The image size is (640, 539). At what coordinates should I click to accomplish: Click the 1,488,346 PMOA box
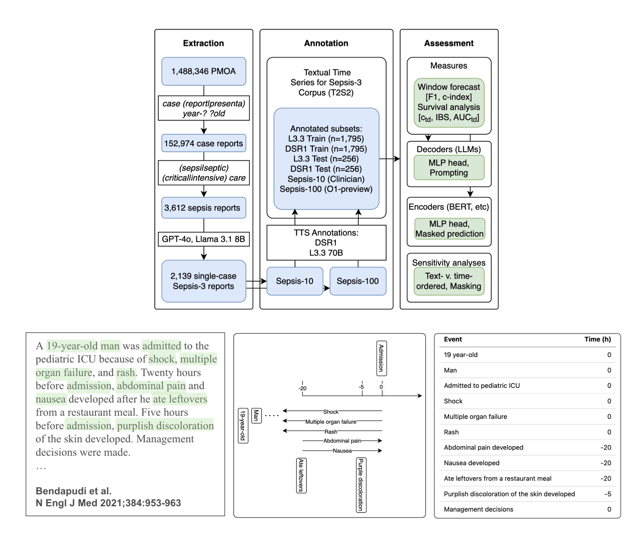(x=203, y=71)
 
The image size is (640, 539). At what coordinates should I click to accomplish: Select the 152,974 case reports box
(x=203, y=143)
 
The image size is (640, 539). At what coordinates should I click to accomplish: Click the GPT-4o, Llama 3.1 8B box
(x=203, y=239)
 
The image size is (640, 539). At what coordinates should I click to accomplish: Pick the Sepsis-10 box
(x=294, y=281)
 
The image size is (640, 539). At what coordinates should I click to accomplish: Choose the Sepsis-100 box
(x=357, y=281)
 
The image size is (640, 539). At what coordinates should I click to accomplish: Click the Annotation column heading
(x=326, y=43)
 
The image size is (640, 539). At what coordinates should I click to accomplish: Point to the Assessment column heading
(x=449, y=43)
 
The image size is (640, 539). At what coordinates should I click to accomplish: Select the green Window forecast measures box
(x=449, y=102)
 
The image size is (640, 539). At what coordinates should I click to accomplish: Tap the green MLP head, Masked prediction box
(x=449, y=229)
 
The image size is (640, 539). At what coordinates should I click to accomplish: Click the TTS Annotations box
(x=326, y=243)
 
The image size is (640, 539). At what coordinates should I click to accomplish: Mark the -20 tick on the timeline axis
(x=302, y=388)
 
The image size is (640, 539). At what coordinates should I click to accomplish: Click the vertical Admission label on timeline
(x=381, y=358)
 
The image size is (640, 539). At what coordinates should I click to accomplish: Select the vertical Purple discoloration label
(x=361, y=485)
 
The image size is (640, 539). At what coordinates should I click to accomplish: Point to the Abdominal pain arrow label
(x=342, y=440)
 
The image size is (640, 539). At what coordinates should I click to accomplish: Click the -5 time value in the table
(x=607, y=494)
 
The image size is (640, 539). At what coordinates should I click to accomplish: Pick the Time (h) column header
(x=597, y=339)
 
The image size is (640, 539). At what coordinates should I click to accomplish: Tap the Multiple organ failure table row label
(x=475, y=417)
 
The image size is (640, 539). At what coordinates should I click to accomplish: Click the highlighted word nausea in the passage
(x=50, y=399)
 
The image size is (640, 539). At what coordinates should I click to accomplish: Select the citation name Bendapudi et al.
(x=73, y=491)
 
